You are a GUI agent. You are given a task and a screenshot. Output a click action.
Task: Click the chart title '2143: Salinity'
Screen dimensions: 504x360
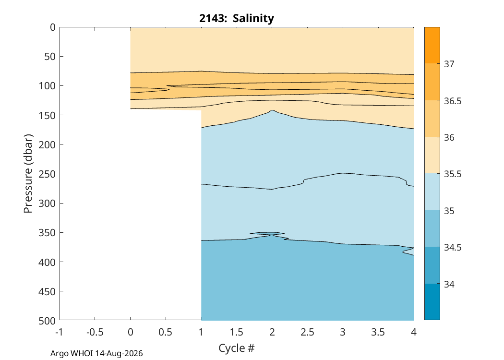237,18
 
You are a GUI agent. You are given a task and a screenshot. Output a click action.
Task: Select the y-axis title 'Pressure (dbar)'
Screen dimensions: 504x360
28,174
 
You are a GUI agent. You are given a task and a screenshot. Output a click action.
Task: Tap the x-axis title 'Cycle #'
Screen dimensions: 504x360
237,348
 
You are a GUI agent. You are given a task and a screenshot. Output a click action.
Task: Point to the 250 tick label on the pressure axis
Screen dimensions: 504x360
47,174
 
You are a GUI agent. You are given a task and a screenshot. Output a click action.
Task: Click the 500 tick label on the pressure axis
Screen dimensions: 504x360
47,321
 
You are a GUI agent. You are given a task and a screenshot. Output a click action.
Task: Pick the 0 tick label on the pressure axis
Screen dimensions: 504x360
53,27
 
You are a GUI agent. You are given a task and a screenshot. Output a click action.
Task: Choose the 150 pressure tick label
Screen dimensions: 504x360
47,115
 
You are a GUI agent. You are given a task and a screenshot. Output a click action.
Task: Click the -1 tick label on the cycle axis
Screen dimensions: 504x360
60,332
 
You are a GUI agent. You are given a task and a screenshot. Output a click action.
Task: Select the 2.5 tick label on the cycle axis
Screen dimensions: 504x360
307,332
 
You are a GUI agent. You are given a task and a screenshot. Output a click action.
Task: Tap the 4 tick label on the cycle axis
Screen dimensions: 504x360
414,332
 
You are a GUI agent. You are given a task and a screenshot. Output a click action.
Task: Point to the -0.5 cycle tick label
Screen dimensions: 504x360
95,332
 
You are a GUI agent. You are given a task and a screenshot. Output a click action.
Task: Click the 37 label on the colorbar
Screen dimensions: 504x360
449,64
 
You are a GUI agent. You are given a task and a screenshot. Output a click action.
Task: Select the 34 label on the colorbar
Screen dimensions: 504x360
449,284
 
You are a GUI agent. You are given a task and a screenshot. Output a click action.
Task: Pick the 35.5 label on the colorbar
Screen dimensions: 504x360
453,174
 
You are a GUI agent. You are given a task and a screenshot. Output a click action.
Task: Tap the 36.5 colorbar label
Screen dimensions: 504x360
453,101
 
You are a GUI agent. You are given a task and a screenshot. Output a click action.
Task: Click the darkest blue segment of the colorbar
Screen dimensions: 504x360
432,302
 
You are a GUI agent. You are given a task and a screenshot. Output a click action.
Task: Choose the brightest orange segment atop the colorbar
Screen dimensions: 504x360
432,45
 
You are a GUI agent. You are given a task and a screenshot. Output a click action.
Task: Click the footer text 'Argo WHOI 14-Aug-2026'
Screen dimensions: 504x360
96,354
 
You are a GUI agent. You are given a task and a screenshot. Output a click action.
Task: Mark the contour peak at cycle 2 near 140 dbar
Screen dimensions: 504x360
272,110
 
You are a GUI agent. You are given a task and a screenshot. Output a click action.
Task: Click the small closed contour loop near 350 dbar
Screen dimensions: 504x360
267,234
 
